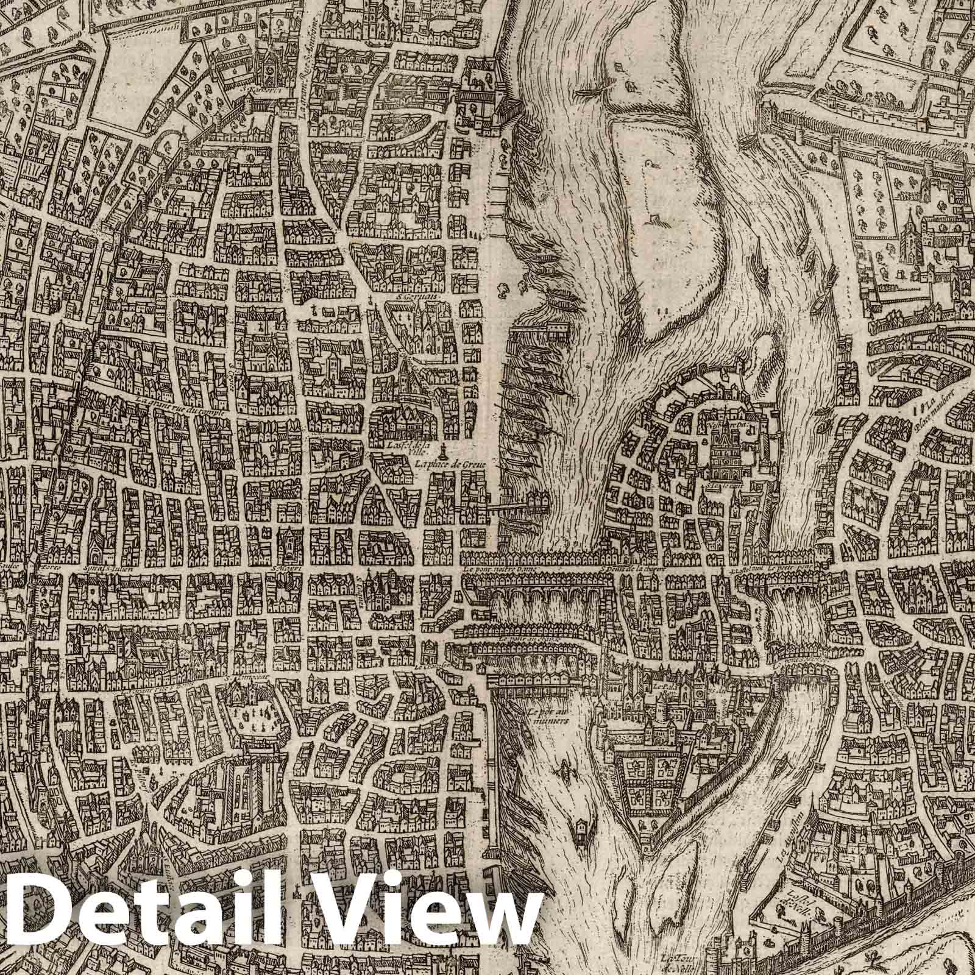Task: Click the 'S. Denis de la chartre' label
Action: pyautogui.click(x=631, y=571)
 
